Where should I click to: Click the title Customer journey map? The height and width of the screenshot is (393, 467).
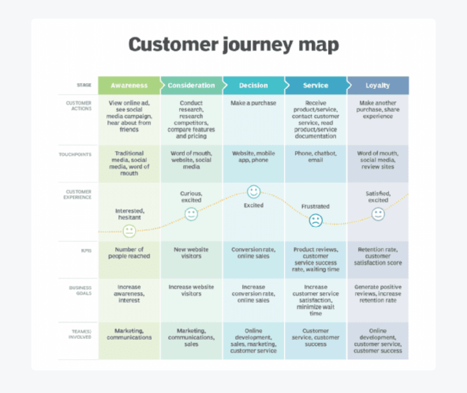(x=233, y=45)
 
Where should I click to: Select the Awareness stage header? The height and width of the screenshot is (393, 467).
(x=129, y=86)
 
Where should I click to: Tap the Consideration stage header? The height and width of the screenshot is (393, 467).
(x=191, y=86)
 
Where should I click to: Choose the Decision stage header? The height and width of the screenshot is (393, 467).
(x=253, y=86)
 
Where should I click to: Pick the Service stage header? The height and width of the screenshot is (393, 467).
(x=316, y=86)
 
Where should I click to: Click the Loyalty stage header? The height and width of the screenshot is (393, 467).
(x=377, y=86)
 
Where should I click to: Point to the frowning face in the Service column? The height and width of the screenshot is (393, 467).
(x=316, y=221)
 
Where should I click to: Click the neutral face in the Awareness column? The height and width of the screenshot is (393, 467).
(x=129, y=231)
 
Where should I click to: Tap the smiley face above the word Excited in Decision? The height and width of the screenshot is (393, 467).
(x=254, y=192)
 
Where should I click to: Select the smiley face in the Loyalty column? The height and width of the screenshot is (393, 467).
(x=378, y=214)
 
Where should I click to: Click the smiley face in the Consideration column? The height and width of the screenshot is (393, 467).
(x=191, y=214)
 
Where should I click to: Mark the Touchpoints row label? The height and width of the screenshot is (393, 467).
(x=75, y=154)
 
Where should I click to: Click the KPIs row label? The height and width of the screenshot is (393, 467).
(x=86, y=251)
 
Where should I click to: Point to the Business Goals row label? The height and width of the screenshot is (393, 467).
(x=81, y=290)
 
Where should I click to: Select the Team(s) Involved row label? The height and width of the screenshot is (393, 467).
(x=80, y=334)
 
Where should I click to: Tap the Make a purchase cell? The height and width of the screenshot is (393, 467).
(x=253, y=103)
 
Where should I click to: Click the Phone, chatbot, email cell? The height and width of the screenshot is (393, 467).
(x=316, y=156)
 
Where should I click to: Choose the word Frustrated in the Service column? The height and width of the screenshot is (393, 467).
(x=315, y=206)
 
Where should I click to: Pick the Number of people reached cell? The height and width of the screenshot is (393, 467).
(x=129, y=253)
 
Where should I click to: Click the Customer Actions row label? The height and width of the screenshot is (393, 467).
(x=79, y=106)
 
